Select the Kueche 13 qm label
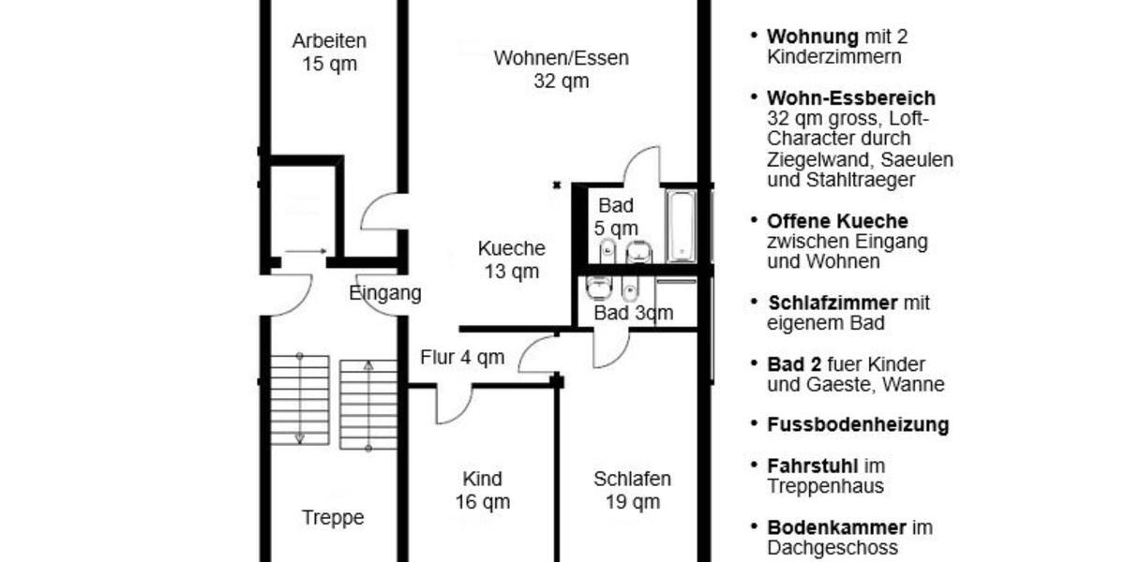[511, 259]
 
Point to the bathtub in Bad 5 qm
[681, 226]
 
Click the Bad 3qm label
[633, 313]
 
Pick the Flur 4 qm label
[462, 357]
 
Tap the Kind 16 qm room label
[482, 490]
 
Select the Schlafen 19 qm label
[632, 490]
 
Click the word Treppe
[333, 517]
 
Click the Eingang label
[384, 293]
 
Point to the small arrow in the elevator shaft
[305, 251]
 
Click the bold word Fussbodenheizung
[857, 425]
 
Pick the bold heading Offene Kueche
[836, 222]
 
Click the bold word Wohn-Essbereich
[850, 98]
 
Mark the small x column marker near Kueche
[557, 185]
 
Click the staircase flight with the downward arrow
[300, 401]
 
